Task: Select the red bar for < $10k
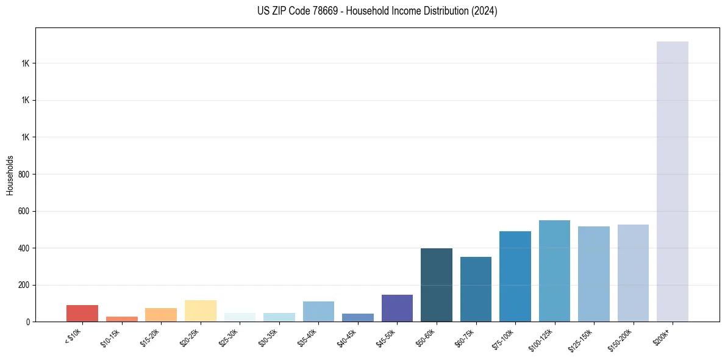click(x=82, y=313)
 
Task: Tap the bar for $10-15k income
click(x=121, y=319)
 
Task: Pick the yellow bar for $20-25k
click(x=200, y=311)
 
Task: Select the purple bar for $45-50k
click(x=397, y=308)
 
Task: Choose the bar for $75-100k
click(x=515, y=276)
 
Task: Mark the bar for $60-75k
click(x=476, y=289)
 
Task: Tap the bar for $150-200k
click(x=633, y=273)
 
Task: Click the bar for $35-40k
click(x=318, y=311)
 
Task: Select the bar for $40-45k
click(x=358, y=317)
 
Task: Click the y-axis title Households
click(x=10, y=175)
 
